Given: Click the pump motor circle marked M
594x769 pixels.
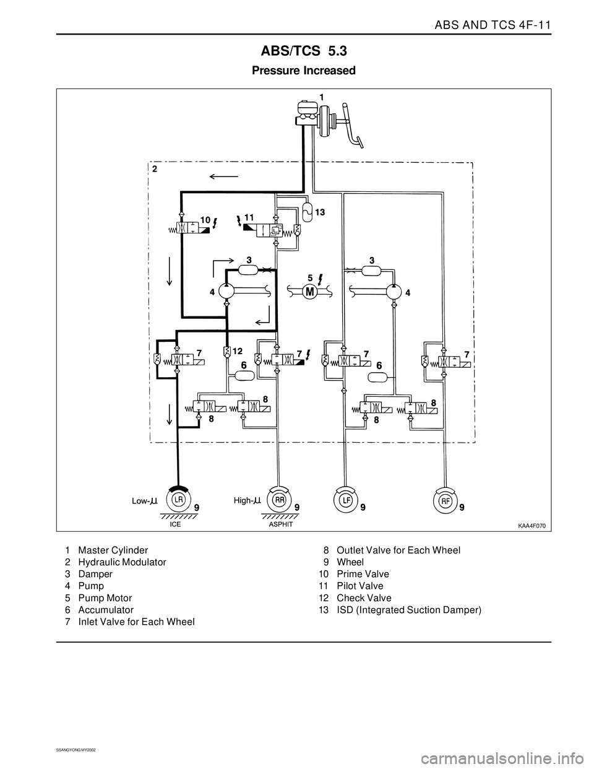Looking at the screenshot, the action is coord(310,292).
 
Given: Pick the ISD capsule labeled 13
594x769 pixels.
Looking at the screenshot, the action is coord(308,212).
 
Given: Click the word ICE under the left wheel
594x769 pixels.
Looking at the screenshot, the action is coord(175,525).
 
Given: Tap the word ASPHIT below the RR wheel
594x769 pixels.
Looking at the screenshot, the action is coord(281,525).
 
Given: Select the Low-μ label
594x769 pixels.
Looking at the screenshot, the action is coord(145,501).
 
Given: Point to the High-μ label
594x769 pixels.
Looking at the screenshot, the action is coord(247,501).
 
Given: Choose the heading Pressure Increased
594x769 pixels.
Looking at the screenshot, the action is coord(304,71).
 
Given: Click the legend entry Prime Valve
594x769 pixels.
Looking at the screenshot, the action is coord(363,574).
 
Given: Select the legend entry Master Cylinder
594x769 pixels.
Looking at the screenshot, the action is coord(113,550).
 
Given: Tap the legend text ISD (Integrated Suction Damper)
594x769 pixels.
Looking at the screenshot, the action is coord(409,610).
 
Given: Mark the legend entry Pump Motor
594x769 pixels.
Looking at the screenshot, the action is coord(105,598).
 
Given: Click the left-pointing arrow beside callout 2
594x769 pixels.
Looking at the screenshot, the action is coord(224,176).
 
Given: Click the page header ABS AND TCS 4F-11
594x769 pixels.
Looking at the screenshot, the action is coord(493,25).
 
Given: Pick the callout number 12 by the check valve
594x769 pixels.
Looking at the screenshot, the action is coord(238,351).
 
